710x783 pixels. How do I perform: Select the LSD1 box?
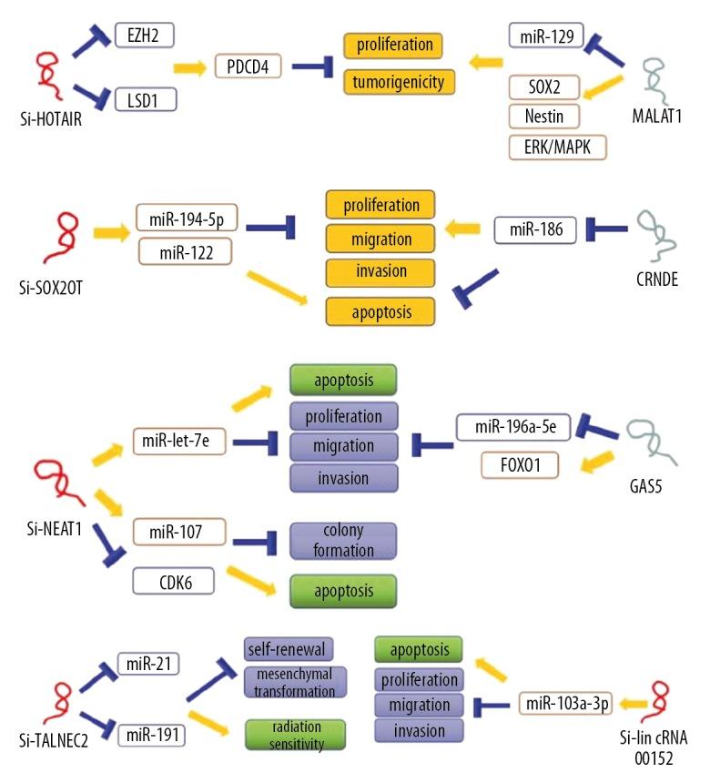click(x=146, y=97)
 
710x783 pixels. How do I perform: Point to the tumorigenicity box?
click(x=398, y=82)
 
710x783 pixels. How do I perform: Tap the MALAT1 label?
click(x=655, y=118)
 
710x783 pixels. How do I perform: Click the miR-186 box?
click(x=535, y=230)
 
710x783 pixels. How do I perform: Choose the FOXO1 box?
click(x=519, y=465)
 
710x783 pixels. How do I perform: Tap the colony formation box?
click(x=343, y=541)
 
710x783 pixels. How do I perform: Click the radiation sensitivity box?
click(x=296, y=734)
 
